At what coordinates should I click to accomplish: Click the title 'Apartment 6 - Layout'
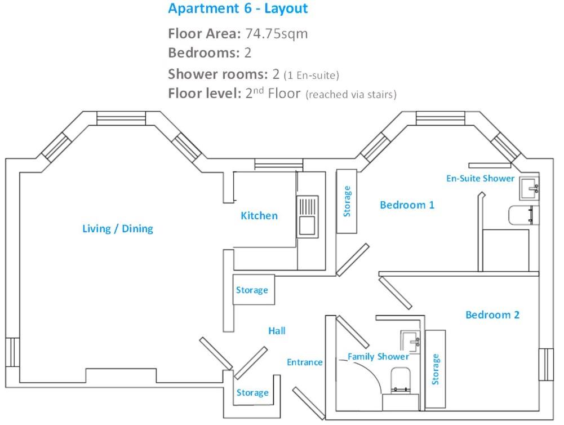click(x=238, y=9)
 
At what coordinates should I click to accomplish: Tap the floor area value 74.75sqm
click(x=277, y=34)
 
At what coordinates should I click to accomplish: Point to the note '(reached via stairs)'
click(x=351, y=95)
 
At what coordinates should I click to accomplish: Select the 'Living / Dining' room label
click(x=118, y=228)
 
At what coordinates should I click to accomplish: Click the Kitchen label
click(x=259, y=215)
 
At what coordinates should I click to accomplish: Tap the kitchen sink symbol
click(x=308, y=216)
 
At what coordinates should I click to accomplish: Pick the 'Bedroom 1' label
click(x=407, y=205)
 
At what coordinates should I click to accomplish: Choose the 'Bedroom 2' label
click(x=492, y=315)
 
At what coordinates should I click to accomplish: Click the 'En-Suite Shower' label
click(x=480, y=178)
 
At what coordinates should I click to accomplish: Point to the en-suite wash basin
click(x=529, y=188)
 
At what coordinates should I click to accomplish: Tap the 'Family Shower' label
click(x=378, y=357)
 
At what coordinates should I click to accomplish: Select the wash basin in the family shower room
click(x=410, y=340)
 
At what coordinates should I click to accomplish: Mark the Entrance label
click(x=304, y=362)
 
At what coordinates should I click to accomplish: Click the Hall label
click(x=277, y=331)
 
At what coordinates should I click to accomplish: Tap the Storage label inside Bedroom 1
click(x=347, y=201)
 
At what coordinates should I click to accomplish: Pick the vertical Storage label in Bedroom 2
click(x=435, y=369)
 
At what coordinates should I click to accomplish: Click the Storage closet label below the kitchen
click(x=252, y=290)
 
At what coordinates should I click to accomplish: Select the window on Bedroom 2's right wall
click(x=545, y=364)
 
